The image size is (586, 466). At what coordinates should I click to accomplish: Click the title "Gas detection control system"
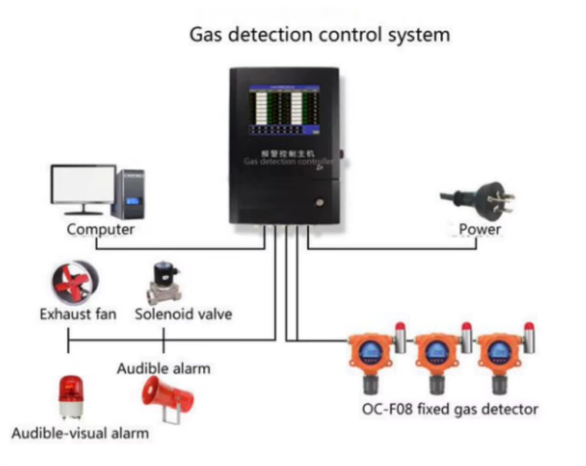pyautogui.click(x=319, y=35)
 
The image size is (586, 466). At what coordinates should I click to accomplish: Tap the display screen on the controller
pyautogui.click(x=284, y=110)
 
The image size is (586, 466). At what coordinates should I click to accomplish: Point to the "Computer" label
pyautogui.click(x=101, y=230)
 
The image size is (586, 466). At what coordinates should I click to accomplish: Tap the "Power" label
pyautogui.click(x=480, y=230)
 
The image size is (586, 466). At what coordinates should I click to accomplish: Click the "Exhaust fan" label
pyautogui.click(x=78, y=314)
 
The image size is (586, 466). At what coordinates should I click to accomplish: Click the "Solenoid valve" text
pyautogui.click(x=183, y=314)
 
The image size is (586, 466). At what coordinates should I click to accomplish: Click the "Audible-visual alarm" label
pyautogui.click(x=80, y=433)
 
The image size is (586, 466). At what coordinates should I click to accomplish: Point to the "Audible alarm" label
pyautogui.click(x=164, y=368)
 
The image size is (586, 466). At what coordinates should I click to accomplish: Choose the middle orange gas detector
pyautogui.click(x=436, y=355)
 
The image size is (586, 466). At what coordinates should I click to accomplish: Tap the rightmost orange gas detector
pyautogui.click(x=498, y=355)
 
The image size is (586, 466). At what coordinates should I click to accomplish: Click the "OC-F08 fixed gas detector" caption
pyautogui.click(x=450, y=409)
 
